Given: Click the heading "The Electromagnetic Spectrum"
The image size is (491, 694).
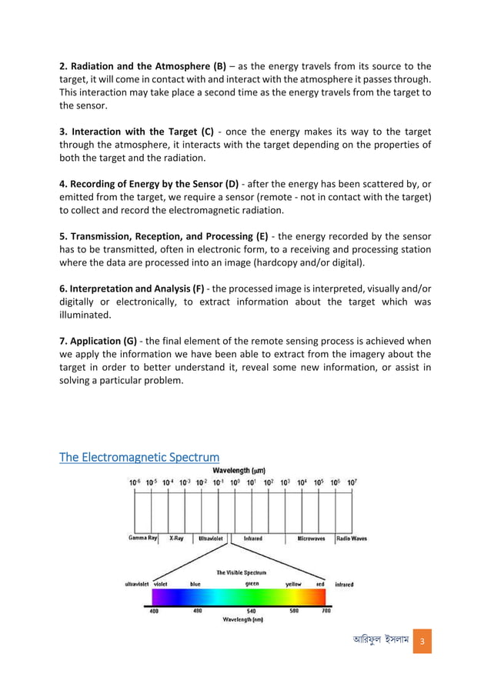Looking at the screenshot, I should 139,458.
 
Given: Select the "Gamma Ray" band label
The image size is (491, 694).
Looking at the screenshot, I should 143,539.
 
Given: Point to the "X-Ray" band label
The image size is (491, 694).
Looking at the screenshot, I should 176,539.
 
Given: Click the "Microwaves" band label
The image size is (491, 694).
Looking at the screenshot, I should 314,539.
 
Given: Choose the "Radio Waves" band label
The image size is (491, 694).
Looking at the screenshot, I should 352,539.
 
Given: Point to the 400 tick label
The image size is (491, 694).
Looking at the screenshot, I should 154,612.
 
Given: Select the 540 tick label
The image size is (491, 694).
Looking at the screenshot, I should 251,612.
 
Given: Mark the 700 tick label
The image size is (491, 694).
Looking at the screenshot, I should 326,612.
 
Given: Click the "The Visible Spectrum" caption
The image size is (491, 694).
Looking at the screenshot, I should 241,572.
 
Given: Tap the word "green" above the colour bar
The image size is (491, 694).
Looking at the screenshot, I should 252,584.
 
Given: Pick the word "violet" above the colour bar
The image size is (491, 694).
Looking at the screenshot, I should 161,584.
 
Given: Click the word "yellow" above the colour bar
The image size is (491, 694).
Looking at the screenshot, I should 293,584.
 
